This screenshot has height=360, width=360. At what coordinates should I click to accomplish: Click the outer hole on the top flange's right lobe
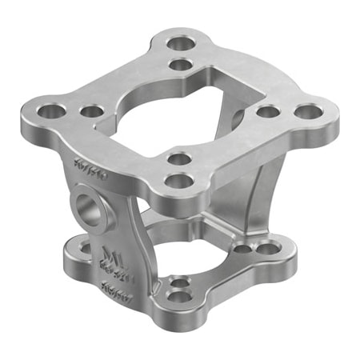click(x=306, y=112)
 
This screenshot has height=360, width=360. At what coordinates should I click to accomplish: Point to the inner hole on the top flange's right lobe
click(x=267, y=111)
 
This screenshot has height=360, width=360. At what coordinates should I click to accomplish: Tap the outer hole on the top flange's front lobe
click(x=178, y=181)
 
